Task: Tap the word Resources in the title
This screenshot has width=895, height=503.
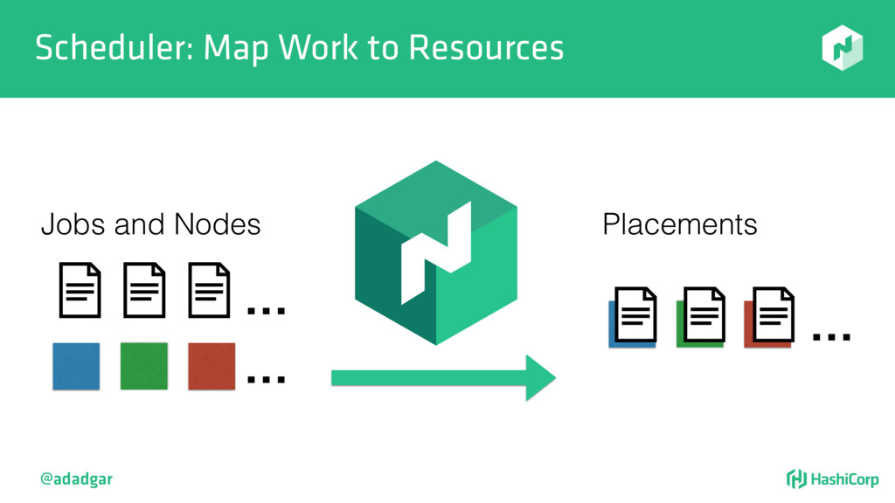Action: click(x=486, y=48)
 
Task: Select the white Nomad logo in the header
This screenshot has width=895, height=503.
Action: click(x=842, y=47)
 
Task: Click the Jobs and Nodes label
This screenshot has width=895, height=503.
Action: click(x=150, y=224)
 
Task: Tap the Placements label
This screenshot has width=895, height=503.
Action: click(x=679, y=224)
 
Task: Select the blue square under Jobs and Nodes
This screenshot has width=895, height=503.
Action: click(x=76, y=366)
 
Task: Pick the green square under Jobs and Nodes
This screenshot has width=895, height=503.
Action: click(x=143, y=366)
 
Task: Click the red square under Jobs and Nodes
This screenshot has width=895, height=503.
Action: click(x=212, y=366)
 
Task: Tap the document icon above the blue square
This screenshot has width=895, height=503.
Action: click(x=80, y=291)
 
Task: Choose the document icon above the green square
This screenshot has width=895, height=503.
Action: click(x=144, y=291)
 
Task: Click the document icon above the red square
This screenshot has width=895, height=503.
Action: click(x=210, y=291)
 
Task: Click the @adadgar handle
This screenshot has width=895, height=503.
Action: click(x=76, y=479)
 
